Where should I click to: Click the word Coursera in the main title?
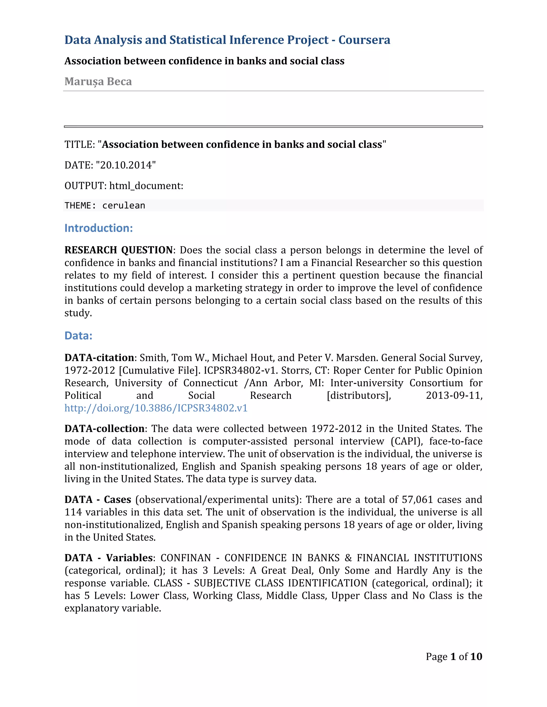364,40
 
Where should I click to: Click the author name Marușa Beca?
98,82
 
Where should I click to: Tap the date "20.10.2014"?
126,165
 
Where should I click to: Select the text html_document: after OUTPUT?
146,186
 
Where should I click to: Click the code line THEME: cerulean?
105,205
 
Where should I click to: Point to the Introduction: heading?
99,228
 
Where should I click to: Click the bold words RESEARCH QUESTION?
119,250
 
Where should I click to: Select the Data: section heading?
79,336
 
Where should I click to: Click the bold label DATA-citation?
99,358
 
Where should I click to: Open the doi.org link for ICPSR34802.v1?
156,408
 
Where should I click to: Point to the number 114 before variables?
73,512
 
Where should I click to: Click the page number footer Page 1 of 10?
454,657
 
